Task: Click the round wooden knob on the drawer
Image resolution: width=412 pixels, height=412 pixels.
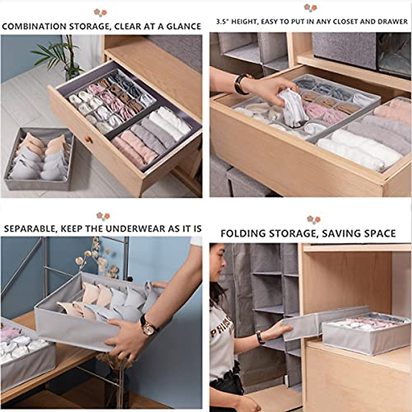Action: (89, 140)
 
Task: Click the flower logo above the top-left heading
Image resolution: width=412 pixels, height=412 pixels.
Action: (101, 13)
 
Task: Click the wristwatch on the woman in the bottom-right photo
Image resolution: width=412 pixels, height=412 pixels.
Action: (260, 337)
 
